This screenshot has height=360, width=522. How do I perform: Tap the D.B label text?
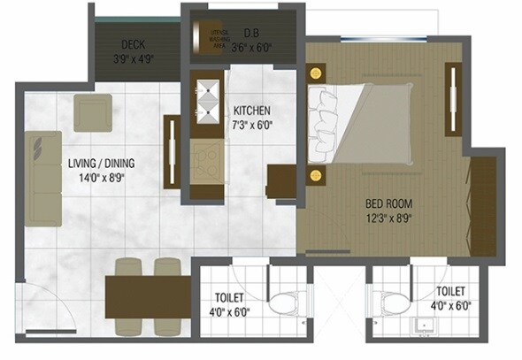(250, 34)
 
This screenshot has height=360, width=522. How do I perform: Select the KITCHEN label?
(251, 111)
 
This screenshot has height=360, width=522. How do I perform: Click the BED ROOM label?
(389, 203)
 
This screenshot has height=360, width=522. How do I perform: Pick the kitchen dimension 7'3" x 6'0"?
(251, 125)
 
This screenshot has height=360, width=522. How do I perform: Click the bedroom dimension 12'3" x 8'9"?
(389, 218)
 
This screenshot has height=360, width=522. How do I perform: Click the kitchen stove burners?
(207, 158)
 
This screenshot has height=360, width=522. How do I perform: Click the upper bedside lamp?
(315, 72)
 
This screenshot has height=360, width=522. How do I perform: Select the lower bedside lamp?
(315, 175)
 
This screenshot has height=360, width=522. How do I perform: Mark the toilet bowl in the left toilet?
(285, 306)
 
